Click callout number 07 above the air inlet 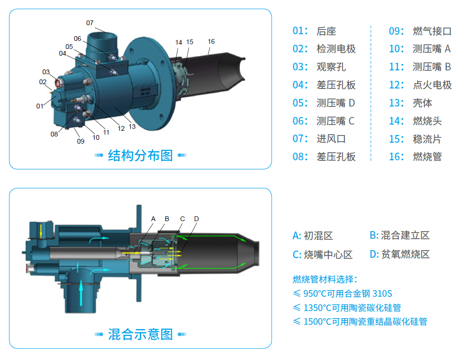coord(90,23)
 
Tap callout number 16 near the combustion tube coord(211,41)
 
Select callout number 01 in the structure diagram coord(39,106)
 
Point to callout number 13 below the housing coord(132,126)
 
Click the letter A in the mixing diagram coord(153,219)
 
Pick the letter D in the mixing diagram coord(196,219)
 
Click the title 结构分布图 coord(140,155)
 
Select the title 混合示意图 coord(140,334)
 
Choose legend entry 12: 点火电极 coord(420,85)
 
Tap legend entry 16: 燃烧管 coord(415,156)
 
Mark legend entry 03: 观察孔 coord(319,67)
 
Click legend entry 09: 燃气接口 coord(420,31)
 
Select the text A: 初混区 coord(313,236)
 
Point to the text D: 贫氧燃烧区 coord(400,254)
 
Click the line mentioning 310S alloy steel coord(343,293)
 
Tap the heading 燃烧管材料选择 coord(325,279)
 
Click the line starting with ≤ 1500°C coord(360,321)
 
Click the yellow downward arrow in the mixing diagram coord(41,230)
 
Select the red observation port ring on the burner coord(58,82)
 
